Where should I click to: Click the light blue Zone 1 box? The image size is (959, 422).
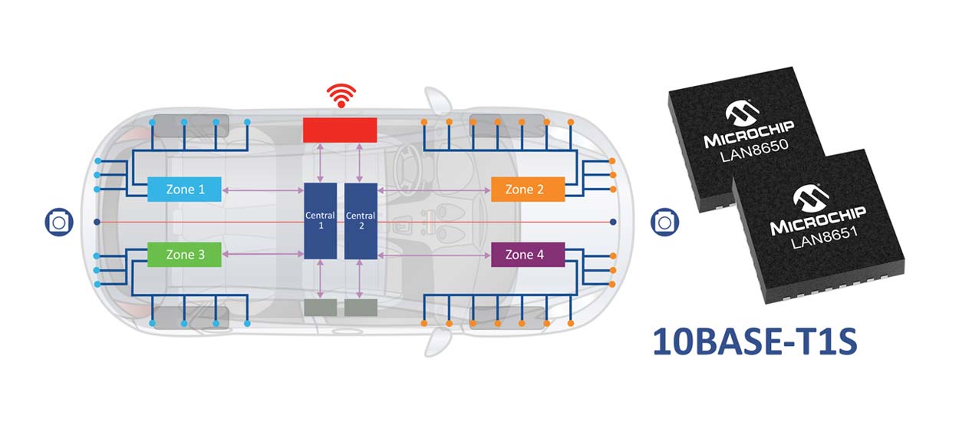pos(184,189)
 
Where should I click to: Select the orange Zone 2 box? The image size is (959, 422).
pos(528,189)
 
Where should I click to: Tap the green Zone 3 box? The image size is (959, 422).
pos(184,254)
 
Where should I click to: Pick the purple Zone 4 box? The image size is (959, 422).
pos(528,254)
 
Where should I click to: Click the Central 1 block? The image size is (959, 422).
pos(320,221)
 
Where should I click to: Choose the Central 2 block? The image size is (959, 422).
pos(360,221)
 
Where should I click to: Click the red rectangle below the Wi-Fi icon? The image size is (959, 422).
pos(340,130)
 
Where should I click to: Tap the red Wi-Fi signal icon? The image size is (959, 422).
pos(341,96)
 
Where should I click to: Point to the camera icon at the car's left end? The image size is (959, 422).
pos(58,222)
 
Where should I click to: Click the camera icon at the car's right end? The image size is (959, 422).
pos(664,222)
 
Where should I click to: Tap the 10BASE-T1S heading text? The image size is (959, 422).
pos(755,341)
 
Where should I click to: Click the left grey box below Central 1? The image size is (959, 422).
pos(320,308)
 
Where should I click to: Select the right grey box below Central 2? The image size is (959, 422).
pos(360,308)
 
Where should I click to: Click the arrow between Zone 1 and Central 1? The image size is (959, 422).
pos(263,190)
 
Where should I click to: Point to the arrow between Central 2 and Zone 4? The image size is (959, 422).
pos(433,254)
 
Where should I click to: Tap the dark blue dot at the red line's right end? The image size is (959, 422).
pos(612,222)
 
